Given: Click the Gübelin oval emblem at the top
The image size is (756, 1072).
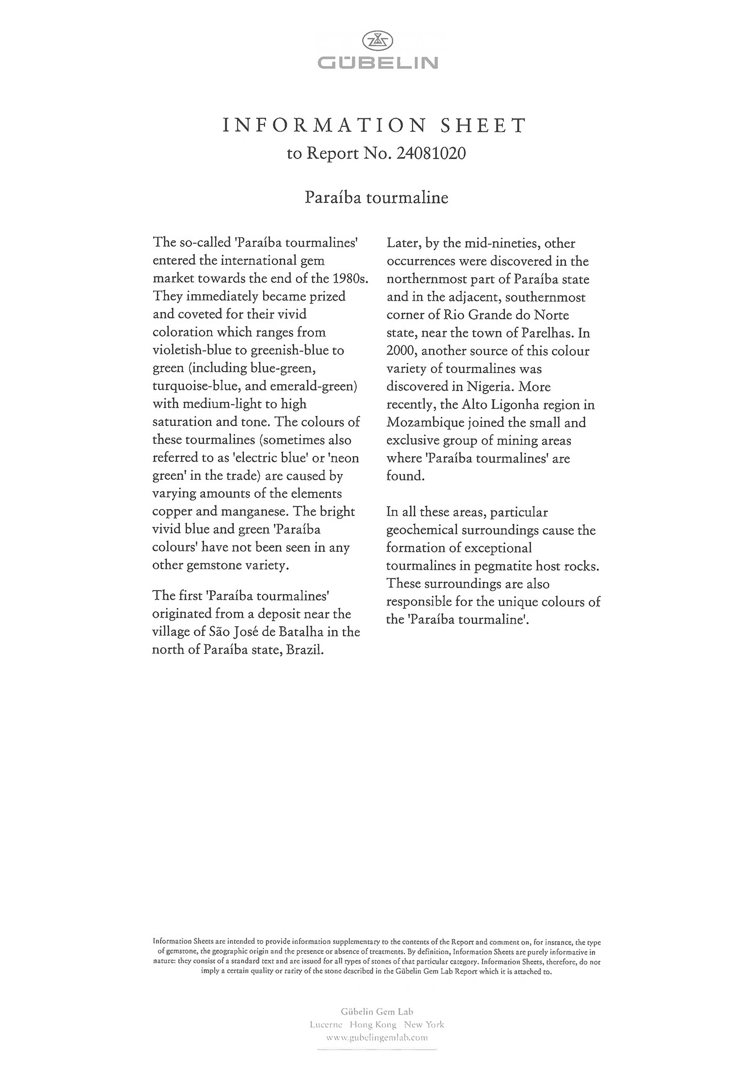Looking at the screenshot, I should [377, 41].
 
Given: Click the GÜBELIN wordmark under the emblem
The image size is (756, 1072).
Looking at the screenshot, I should [377, 63].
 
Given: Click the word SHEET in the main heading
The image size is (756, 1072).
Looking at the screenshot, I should [483, 125].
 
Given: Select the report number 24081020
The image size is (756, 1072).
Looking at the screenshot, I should [431, 154].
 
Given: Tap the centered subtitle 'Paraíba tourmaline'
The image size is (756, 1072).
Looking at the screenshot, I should [376, 197].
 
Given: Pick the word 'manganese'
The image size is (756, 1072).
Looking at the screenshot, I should [253, 512].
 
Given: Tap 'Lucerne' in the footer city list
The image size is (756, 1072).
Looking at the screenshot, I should [326, 1024].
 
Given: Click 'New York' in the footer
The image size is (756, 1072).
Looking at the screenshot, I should [424, 1024].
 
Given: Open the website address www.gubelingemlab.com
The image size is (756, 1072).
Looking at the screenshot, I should [377, 1037].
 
